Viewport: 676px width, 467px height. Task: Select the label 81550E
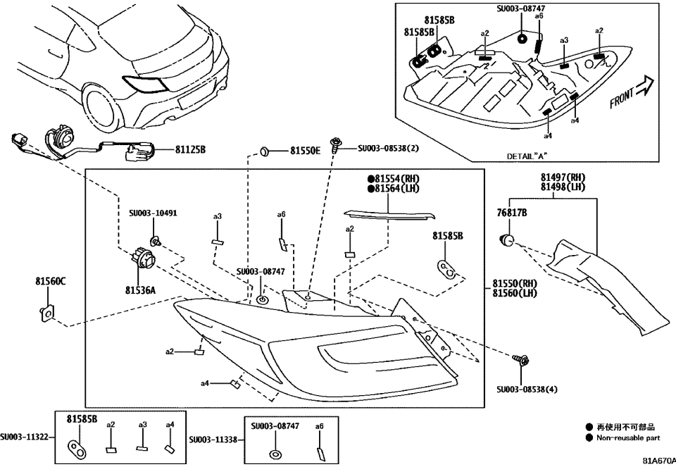[x=306, y=151]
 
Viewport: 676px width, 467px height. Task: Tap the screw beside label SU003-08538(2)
[x=338, y=145]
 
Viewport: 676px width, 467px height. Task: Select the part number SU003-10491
[x=153, y=211]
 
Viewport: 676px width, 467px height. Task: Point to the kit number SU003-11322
[x=25, y=437]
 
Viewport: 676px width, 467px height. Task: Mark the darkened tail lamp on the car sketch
[x=146, y=83]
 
